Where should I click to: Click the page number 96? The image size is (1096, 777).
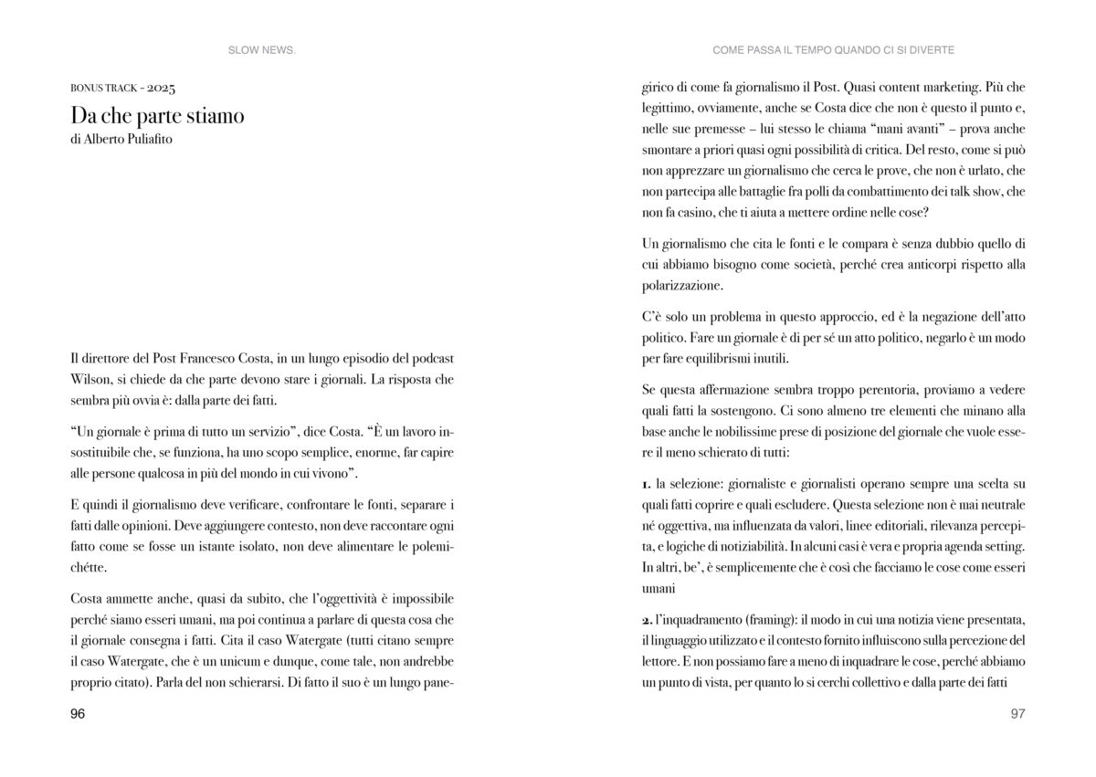[78, 715]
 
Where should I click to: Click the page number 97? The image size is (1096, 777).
[1018, 715]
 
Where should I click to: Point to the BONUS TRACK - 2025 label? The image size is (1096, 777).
[121, 89]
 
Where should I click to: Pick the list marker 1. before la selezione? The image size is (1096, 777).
[646, 482]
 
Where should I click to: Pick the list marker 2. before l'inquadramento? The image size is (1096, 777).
[647, 620]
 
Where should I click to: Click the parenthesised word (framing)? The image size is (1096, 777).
[771, 620]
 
